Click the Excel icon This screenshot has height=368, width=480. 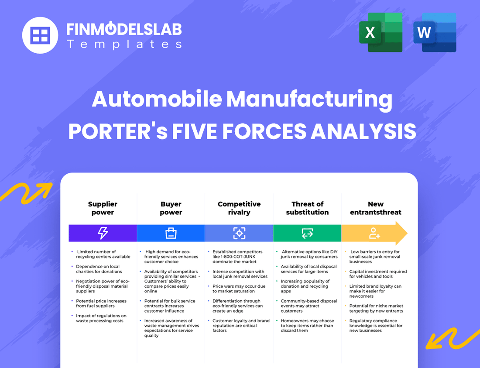pos(381,32)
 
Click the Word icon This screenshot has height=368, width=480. pos(435,32)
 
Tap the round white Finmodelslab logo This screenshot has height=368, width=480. pos(40,35)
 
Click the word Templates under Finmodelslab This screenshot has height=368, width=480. pos(124,44)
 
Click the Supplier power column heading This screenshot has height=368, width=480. pos(103,208)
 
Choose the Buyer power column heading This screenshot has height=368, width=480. pos(171,208)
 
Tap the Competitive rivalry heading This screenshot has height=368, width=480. pos(239,208)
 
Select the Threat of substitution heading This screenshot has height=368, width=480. pos(307,208)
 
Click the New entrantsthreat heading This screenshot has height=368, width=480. pos(375,208)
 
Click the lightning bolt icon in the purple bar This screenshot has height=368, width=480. pos(103,233)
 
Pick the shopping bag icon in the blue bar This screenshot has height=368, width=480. pos(171,233)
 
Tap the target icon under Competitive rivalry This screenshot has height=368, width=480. pos(239,233)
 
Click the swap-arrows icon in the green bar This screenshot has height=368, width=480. pos(307,233)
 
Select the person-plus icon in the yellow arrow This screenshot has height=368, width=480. pos(374,233)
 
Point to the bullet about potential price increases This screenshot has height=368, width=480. pos(101,303)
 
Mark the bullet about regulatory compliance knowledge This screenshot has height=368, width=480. pos(376,326)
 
